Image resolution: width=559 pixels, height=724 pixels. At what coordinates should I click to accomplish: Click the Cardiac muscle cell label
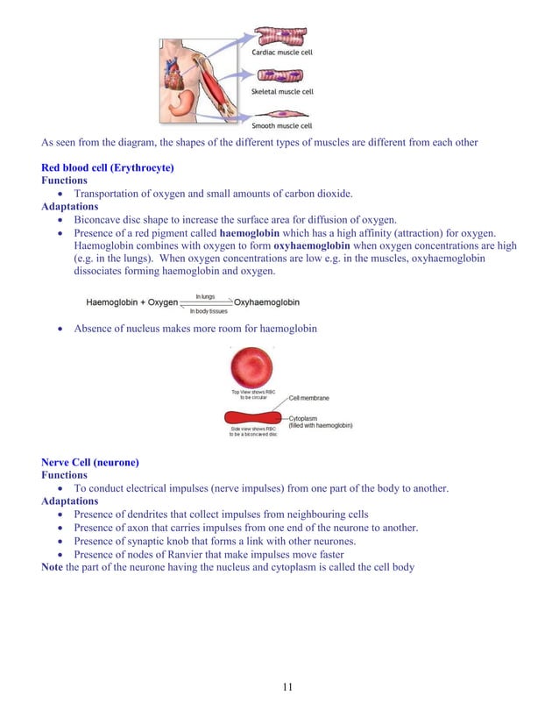282,53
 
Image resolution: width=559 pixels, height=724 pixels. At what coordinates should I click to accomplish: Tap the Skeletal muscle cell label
282,91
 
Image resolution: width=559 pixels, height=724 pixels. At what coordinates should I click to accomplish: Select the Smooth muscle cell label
282,126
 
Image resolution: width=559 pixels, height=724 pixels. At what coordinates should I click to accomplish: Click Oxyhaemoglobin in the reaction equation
266,302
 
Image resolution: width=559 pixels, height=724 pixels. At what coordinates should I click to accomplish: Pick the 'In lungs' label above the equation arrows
205,296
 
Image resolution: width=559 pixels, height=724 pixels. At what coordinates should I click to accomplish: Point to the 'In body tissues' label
208,311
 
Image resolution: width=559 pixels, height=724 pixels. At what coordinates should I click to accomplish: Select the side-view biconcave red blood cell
254,416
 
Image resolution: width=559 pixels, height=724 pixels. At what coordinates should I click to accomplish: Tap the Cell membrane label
308,398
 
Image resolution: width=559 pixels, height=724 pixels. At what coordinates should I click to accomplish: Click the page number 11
287,686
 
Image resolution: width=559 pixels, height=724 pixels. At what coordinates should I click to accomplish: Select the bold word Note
53,567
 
